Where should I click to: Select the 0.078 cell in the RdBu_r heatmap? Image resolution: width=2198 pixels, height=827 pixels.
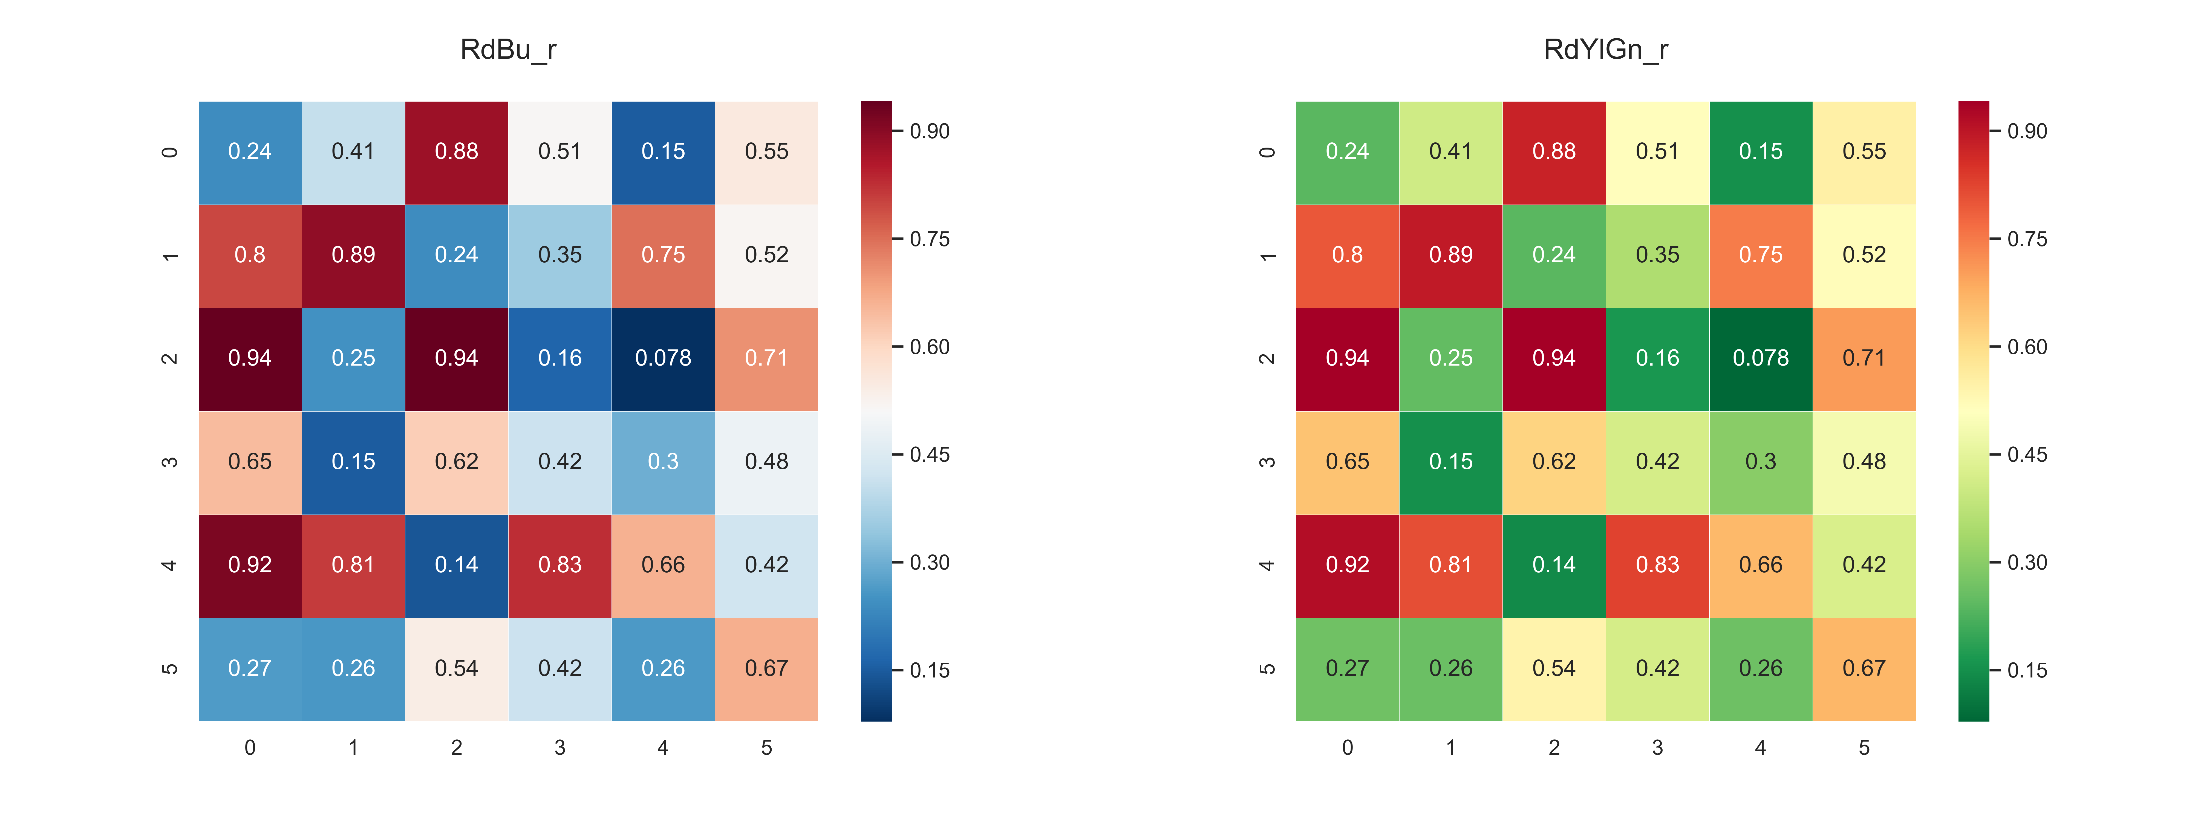(x=663, y=358)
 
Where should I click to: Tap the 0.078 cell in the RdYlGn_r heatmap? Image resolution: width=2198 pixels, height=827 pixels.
(x=1760, y=358)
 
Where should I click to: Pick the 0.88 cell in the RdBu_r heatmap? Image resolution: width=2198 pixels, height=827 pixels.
(x=457, y=152)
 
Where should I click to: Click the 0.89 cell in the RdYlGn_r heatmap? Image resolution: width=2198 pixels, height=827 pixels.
(x=1450, y=255)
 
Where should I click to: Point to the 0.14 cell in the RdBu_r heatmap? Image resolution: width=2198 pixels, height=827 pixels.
(x=457, y=565)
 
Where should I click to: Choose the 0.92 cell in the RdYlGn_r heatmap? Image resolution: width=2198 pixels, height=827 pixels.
(x=1347, y=565)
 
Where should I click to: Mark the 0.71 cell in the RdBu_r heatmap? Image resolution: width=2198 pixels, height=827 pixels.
(x=766, y=358)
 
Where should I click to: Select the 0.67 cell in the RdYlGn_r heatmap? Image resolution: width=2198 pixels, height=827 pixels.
(x=1864, y=668)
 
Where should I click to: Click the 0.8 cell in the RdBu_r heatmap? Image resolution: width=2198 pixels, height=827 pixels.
(x=250, y=255)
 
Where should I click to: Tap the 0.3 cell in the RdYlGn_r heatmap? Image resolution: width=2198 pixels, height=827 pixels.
(x=1760, y=462)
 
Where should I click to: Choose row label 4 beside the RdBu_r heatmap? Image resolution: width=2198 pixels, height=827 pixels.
(x=170, y=565)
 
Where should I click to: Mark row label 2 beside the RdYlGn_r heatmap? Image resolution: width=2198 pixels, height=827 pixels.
(x=1267, y=358)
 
